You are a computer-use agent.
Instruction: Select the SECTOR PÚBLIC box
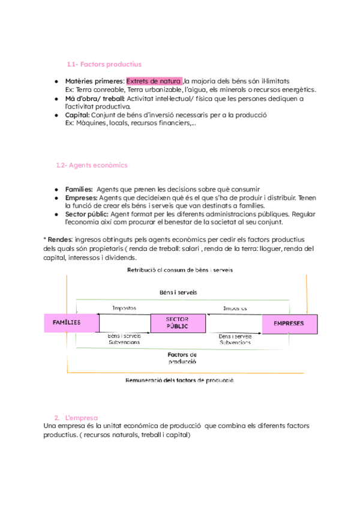point(178,323)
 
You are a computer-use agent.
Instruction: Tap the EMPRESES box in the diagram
point(289,323)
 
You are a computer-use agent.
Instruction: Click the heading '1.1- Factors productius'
point(104,64)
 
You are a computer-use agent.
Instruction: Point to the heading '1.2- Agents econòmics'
point(91,165)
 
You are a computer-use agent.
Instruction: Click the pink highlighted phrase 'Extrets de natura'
point(154,81)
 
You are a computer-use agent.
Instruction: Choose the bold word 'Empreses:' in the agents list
point(80,197)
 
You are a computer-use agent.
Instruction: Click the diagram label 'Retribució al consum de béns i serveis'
point(180,270)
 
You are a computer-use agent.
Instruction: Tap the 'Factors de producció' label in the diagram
point(182,358)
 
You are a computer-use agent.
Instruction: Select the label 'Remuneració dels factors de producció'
point(180,380)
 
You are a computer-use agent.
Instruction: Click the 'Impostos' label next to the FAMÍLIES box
point(124,308)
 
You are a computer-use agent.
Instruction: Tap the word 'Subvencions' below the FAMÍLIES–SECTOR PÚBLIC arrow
point(124,342)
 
